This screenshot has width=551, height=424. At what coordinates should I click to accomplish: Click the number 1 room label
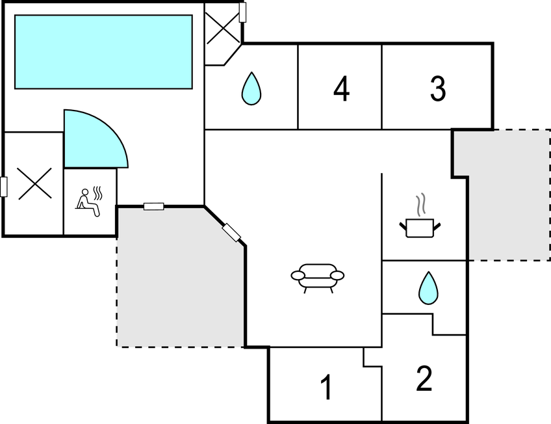(327, 387)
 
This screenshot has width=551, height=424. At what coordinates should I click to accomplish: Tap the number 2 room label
(424, 378)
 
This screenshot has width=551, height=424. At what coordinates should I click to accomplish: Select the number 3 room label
(438, 88)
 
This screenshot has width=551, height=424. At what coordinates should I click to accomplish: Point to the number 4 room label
(341, 88)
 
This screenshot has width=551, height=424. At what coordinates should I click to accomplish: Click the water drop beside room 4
(251, 88)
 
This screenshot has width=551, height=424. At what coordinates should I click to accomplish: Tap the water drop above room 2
(428, 288)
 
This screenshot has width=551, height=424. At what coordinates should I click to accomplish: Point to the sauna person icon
(88, 203)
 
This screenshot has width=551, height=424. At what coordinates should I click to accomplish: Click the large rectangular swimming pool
(103, 51)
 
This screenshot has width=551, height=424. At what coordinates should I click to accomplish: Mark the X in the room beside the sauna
(34, 183)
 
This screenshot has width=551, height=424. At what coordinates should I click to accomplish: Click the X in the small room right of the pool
(222, 28)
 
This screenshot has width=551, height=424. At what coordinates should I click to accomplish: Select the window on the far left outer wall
(4, 187)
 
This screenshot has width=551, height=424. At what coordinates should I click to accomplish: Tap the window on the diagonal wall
(231, 233)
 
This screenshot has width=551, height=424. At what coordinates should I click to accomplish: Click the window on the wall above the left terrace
(154, 206)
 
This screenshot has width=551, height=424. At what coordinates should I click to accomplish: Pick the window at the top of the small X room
(242, 12)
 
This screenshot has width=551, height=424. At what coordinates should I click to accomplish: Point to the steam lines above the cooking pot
(421, 204)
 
